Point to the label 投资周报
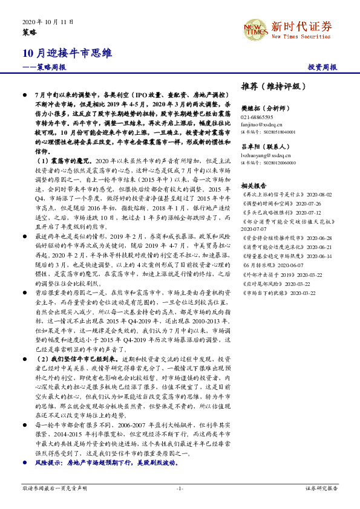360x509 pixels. click(x=322, y=67)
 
